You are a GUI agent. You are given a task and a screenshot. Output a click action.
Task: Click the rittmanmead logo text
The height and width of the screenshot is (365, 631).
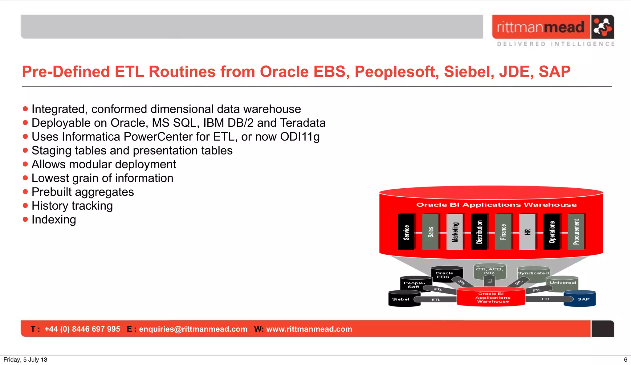pyautogui.click(x=540, y=27)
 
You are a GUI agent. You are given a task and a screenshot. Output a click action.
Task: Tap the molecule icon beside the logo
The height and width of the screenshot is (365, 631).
pyautogui.click(x=602, y=27)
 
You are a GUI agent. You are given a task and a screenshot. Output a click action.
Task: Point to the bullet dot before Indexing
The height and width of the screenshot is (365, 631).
pyautogui.click(x=25, y=219)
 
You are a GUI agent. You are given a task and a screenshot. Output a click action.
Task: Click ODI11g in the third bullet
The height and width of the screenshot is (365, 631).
pyautogui.click(x=299, y=137)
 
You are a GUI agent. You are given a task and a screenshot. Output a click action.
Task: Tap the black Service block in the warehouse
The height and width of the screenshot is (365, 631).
pyautogui.click(x=406, y=232)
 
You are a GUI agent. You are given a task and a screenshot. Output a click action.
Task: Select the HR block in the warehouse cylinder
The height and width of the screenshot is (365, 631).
pyautogui.click(x=527, y=232)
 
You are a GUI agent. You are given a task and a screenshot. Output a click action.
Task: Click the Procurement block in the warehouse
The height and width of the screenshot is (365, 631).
pyautogui.click(x=576, y=232)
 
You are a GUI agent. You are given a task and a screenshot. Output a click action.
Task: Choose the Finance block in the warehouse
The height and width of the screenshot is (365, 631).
pyautogui.click(x=503, y=232)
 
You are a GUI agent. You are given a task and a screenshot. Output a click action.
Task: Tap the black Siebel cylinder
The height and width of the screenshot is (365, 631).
pyautogui.click(x=401, y=299)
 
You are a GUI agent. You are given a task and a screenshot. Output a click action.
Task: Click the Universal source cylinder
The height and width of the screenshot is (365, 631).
pyautogui.click(x=563, y=283)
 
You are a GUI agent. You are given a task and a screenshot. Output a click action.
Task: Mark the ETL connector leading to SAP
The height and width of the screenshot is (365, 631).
pyautogui.click(x=546, y=299)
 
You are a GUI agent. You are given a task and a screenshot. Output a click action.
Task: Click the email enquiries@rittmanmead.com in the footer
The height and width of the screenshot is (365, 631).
pyautogui.click(x=193, y=329)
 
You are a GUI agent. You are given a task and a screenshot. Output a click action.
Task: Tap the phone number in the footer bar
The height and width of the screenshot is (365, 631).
pyautogui.click(x=82, y=329)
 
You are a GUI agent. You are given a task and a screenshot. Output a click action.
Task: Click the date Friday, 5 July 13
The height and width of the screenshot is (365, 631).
pyautogui.click(x=25, y=359)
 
